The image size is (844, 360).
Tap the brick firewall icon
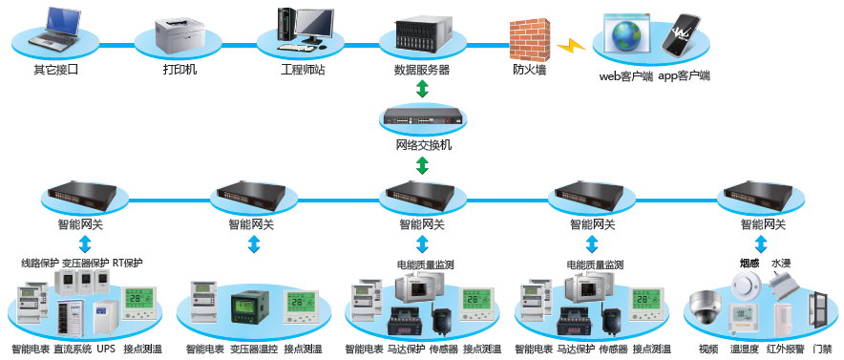[x=530, y=40]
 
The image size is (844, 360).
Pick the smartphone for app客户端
[x=681, y=36]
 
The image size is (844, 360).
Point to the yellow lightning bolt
[x=571, y=46]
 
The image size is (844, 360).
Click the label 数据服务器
[x=422, y=70]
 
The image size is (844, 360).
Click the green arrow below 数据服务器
[x=423, y=89]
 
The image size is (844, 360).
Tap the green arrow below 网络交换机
[x=423, y=166]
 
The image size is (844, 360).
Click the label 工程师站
[x=303, y=70]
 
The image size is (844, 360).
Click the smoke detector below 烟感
[x=746, y=284]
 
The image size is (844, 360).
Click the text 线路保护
[x=39, y=264]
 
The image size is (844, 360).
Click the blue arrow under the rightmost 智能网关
[x=761, y=244]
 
